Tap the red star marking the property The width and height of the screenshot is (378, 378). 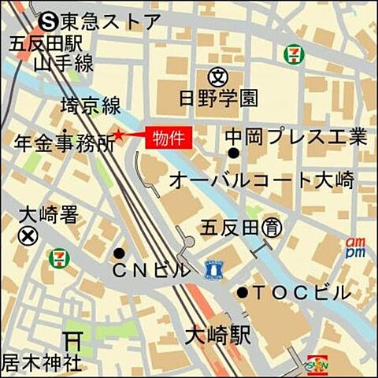[x=119, y=135]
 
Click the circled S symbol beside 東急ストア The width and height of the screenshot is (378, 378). [x=50, y=19]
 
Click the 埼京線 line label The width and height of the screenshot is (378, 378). [x=90, y=106]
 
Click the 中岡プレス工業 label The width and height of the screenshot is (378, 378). [x=295, y=137]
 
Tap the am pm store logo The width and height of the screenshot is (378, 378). [x=355, y=247]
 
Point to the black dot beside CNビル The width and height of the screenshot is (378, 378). [x=119, y=254]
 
